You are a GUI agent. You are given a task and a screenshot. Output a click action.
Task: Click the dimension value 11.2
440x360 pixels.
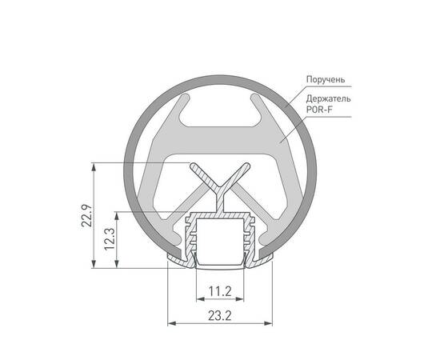coord(220,290)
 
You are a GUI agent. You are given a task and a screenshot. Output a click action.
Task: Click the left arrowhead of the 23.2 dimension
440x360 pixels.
coord(170,325)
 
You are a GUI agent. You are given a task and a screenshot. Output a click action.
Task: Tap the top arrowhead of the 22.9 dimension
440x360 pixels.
coord(95,167)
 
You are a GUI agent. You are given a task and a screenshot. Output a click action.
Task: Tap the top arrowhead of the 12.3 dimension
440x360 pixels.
coord(119,215)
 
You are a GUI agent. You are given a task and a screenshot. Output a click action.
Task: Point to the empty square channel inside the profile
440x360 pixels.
coord(220,240)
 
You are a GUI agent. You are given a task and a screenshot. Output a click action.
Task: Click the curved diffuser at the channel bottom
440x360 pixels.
coord(220,263)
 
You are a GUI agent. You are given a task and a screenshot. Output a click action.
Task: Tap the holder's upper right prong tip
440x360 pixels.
coord(258,100)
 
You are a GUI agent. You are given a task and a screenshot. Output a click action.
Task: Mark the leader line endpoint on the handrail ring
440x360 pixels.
coord(286,106)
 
